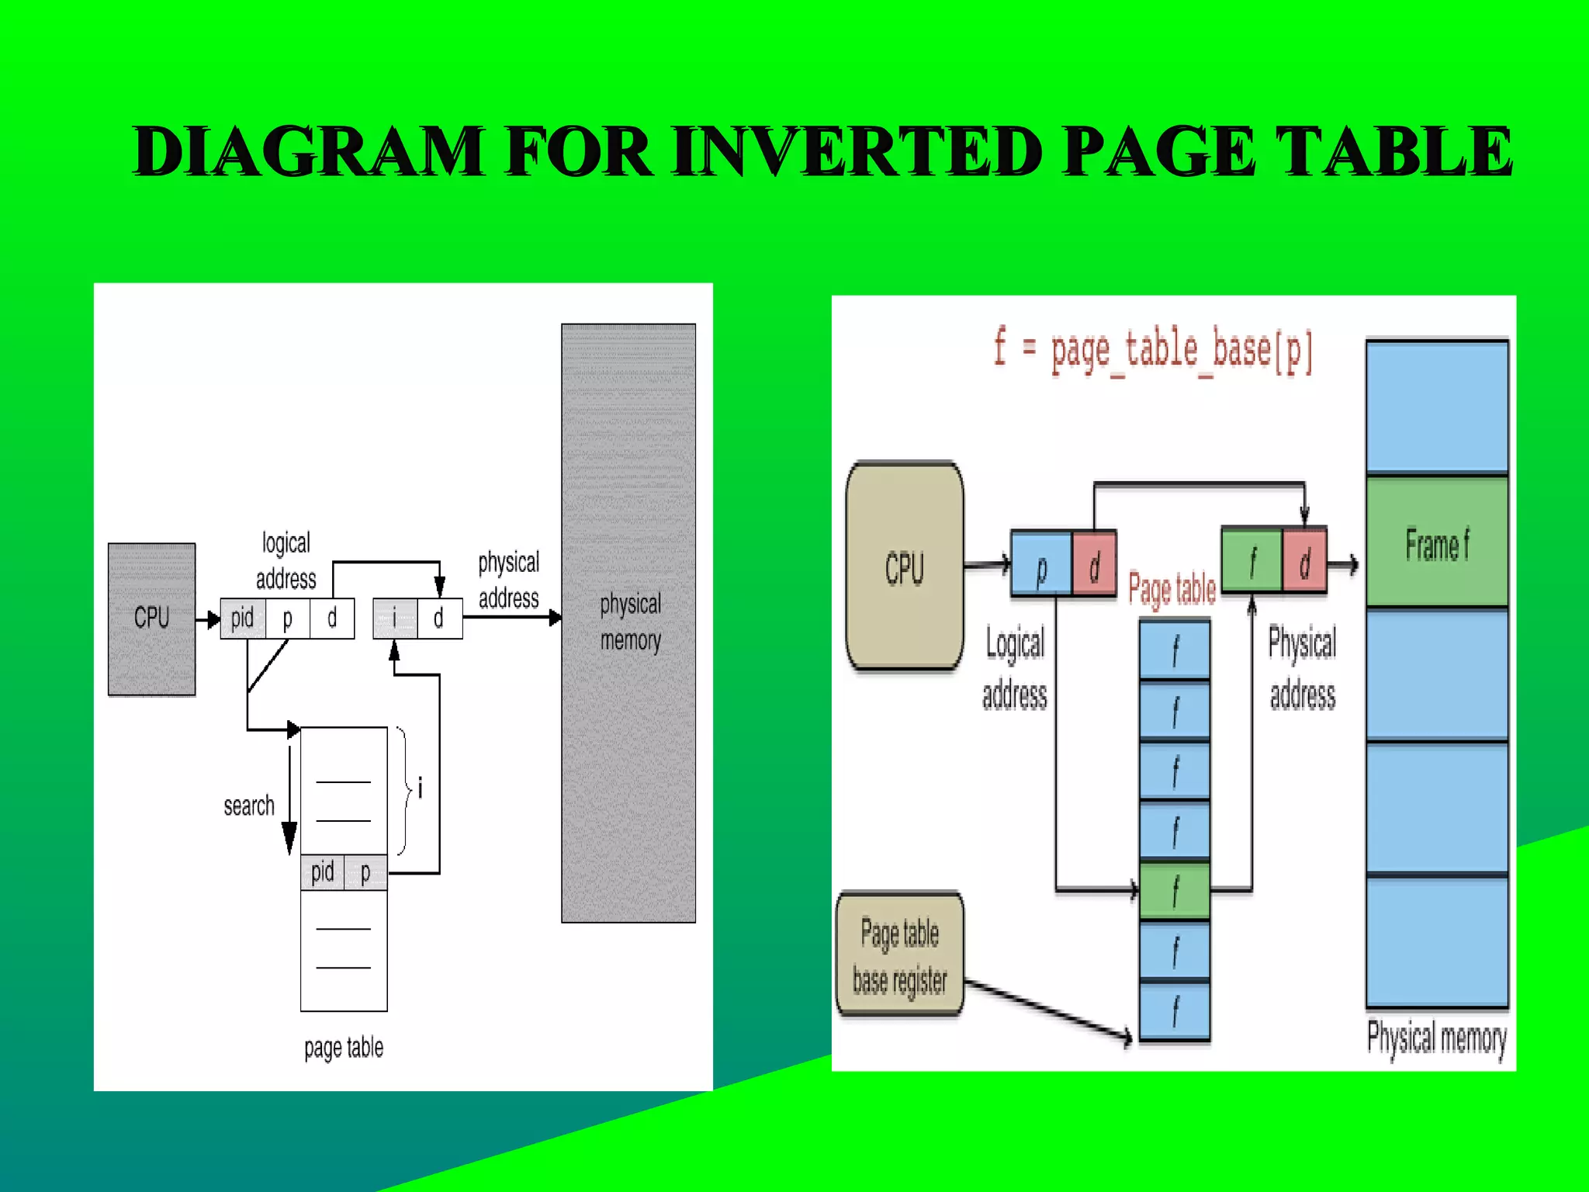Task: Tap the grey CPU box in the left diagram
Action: (151, 619)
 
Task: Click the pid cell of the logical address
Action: (242, 619)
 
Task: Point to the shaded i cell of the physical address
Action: (394, 619)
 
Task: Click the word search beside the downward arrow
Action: (248, 806)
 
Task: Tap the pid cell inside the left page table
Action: (322, 872)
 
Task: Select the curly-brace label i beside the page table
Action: (420, 788)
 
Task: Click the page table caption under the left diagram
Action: (344, 1048)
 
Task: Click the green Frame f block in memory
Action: (1437, 543)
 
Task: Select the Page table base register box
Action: (900, 955)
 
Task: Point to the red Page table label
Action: (1172, 589)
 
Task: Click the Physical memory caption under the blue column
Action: (1436, 1037)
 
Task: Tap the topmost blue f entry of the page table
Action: (1175, 650)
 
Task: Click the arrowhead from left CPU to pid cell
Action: (213, 619)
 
